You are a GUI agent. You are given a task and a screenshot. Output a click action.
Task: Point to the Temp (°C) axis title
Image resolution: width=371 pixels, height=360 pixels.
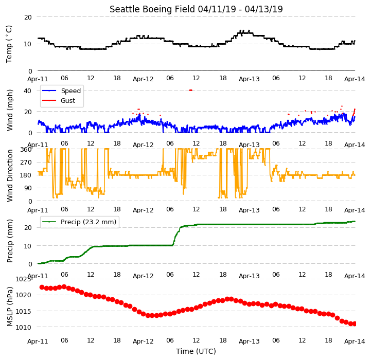click(9, 44)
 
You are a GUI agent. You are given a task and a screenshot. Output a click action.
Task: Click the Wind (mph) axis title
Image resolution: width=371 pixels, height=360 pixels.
click(10, 110)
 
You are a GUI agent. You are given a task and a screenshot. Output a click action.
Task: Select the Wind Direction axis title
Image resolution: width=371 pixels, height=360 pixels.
click(10, 175)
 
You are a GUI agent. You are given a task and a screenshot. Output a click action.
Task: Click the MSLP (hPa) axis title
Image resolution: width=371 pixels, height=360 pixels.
click(10, 307)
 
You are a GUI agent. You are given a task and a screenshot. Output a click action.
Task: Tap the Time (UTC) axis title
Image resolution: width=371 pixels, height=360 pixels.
click(196, 351)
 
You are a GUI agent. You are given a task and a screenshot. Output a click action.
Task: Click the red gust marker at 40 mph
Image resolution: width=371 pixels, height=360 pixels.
click(190, 90)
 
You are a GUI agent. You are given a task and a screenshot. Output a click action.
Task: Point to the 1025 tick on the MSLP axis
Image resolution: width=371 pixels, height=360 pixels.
click(23, 279)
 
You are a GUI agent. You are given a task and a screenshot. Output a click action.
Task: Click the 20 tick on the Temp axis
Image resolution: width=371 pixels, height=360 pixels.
click(28, 17)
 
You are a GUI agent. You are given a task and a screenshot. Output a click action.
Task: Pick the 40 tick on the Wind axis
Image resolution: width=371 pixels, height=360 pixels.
click(27, 91)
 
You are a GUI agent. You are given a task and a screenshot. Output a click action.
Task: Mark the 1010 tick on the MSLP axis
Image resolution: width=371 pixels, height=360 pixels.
click(23, 328)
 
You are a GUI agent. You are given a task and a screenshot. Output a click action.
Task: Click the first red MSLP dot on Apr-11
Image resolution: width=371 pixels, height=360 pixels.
click(42, 287)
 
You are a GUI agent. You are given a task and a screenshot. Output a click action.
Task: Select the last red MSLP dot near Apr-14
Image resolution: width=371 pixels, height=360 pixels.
click(355, 324)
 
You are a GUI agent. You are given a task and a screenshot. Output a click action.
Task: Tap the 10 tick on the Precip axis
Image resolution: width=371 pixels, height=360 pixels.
click(28, 246)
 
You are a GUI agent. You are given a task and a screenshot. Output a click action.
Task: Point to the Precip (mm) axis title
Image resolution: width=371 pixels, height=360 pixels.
click(10, 241)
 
